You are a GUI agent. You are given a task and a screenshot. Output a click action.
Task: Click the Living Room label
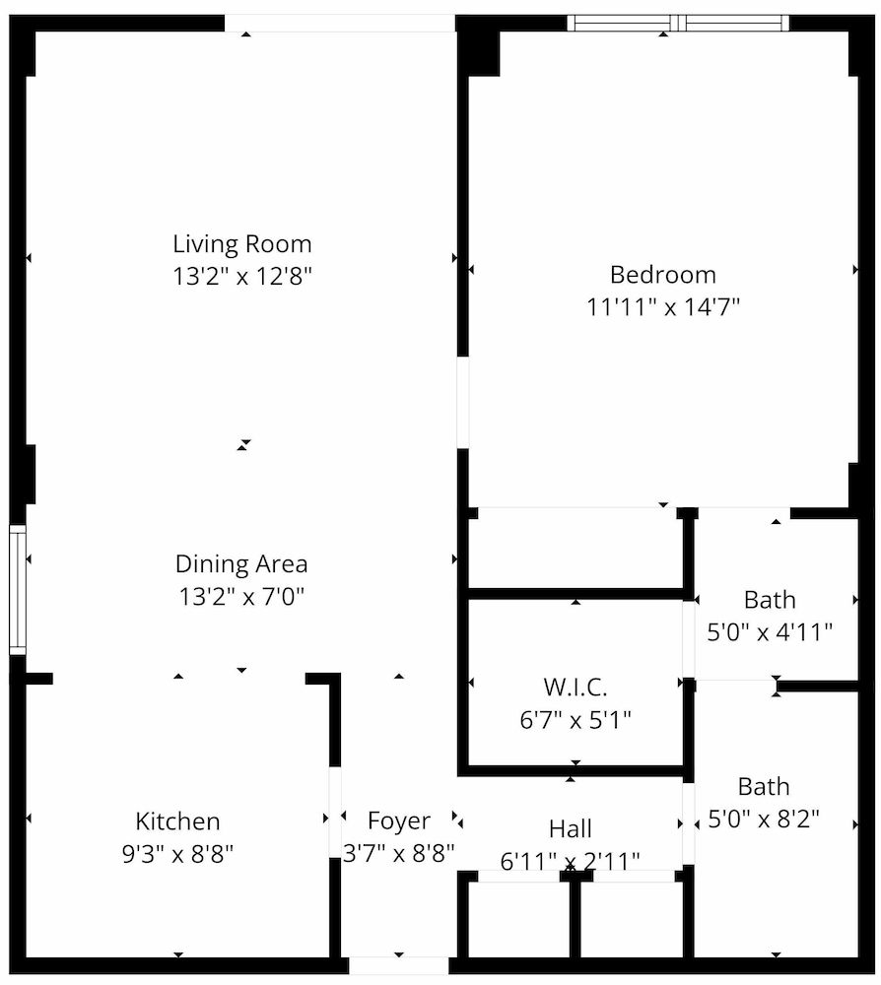point(241,244)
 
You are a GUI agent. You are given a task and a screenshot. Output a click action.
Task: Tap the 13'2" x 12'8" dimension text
point(242,276)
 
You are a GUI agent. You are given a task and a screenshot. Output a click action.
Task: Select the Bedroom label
point(663,275)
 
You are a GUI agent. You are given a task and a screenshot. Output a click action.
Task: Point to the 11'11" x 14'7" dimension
point(663,307)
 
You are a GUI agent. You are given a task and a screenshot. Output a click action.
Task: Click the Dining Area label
point(241,564)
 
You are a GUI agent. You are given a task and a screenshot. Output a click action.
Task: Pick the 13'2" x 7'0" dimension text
point(241,596)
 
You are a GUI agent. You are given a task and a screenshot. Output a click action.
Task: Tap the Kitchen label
point(177,821)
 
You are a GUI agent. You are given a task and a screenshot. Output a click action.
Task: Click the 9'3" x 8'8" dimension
point(177,854)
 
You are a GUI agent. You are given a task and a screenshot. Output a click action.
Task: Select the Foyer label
point(399,821)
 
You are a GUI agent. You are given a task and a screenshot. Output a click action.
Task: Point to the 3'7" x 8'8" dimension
point(399,853)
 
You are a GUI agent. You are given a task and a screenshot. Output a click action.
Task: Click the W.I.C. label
point(576,688)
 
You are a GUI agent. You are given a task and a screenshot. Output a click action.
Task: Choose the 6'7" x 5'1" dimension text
point(576,719)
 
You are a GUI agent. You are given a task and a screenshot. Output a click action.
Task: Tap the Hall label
point(571,829)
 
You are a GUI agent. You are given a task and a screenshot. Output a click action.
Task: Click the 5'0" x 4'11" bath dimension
point(770,632)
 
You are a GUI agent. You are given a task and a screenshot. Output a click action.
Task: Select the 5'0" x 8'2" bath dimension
point(764,820)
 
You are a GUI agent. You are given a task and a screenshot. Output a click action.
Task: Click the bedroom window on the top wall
point(678,24)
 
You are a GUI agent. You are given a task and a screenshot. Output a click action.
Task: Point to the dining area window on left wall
point(18,590)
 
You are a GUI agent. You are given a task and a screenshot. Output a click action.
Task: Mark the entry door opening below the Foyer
point(399,965)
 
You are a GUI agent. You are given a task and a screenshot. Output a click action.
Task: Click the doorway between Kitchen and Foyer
point(336,813)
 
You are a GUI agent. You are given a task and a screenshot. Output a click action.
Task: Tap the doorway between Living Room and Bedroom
point(463,403)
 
